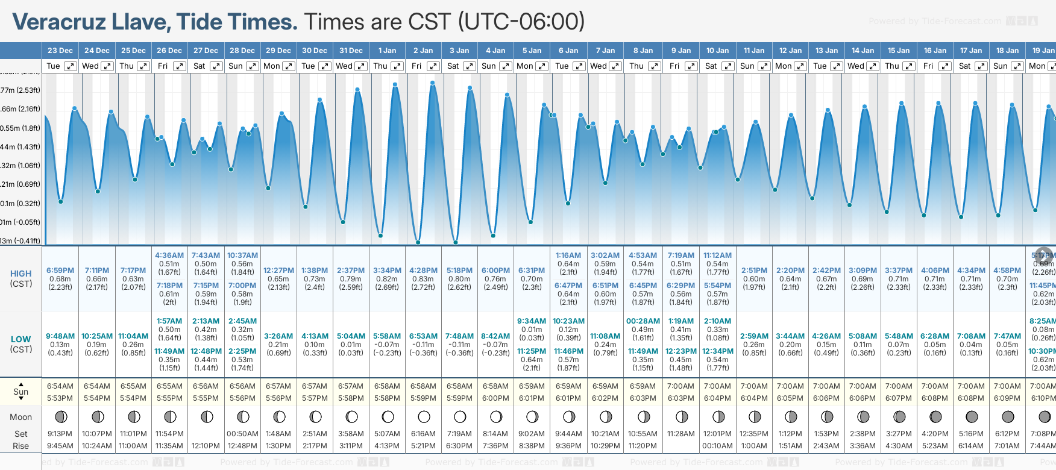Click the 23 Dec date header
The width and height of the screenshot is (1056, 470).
pos(60,51)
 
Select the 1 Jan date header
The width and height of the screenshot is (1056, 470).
pos(387,51)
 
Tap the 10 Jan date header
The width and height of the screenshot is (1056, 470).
pos(717,51)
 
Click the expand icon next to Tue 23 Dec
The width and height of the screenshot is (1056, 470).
pos(71,66)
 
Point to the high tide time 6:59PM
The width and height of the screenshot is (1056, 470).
pos(60,271)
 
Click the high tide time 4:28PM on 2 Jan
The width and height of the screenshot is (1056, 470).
pos(423,271)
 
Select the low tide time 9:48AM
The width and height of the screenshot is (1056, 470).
pos(60,336)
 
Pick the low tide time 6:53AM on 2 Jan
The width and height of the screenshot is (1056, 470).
pos(423,336)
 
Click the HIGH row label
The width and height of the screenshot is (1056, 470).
pos(20,274)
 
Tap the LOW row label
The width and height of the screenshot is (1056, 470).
pos(20,339)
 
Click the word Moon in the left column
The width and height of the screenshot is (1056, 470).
pos(20,417)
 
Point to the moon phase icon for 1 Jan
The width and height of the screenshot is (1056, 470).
pos(388,417)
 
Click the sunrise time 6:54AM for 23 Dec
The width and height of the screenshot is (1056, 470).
pos(60,386)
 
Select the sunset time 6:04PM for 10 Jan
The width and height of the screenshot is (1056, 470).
pos(717,398)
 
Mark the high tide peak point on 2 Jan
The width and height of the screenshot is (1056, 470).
pos(433,83)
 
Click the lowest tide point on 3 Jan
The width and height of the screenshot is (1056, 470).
pos(456,243)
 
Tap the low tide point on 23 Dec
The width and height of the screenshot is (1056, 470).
pos(61,202)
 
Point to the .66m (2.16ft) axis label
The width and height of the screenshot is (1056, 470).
pos(20,109)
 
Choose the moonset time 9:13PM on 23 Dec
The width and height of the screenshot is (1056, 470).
pos(60,434)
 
